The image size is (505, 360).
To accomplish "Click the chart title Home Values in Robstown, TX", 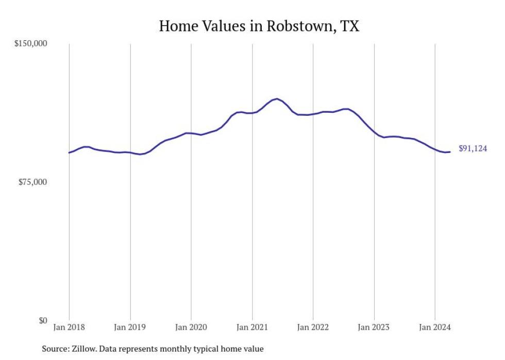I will click(x=259, y=26).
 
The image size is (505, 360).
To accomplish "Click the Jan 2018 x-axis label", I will click(x=70, y=327).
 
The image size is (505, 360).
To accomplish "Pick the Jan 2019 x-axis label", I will click(x=130, y=327).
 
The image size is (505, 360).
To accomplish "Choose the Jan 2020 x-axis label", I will click(x=191, y=327).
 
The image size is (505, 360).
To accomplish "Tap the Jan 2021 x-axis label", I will click(x=252, y=327).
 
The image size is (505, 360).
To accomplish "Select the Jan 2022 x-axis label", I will click(x=313, y=327).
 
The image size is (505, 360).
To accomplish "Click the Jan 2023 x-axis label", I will click(x=374, y=327).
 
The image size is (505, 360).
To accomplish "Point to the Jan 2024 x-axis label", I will click(x=435, y=327).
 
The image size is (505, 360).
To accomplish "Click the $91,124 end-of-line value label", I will click(x=473, y=149).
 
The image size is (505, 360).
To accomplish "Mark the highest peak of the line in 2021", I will click(x=277, y=98).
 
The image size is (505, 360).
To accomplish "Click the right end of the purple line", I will click(x=450, y=152).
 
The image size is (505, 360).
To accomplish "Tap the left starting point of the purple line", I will click(x=69, y=152).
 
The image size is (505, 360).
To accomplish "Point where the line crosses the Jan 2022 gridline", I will click(x=313, y=114).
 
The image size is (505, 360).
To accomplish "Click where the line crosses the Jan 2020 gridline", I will click(x=191, y=133).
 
